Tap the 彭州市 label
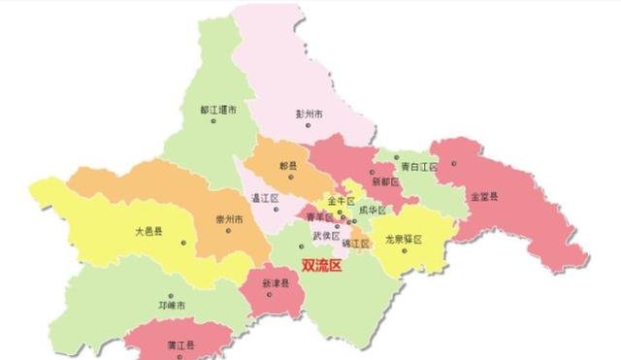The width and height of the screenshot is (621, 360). tap(309, 113)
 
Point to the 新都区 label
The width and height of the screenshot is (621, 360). tap(385, 181)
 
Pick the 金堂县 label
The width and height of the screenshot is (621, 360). tap(484, 198)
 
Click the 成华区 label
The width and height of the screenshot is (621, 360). tap(372, 211)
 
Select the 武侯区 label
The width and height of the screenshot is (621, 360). tap(326, 236)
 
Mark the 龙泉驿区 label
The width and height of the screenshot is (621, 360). tap(403, 238)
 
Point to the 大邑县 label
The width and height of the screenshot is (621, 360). tap(149, 232)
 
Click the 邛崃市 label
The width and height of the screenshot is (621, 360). tap(170, 305)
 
